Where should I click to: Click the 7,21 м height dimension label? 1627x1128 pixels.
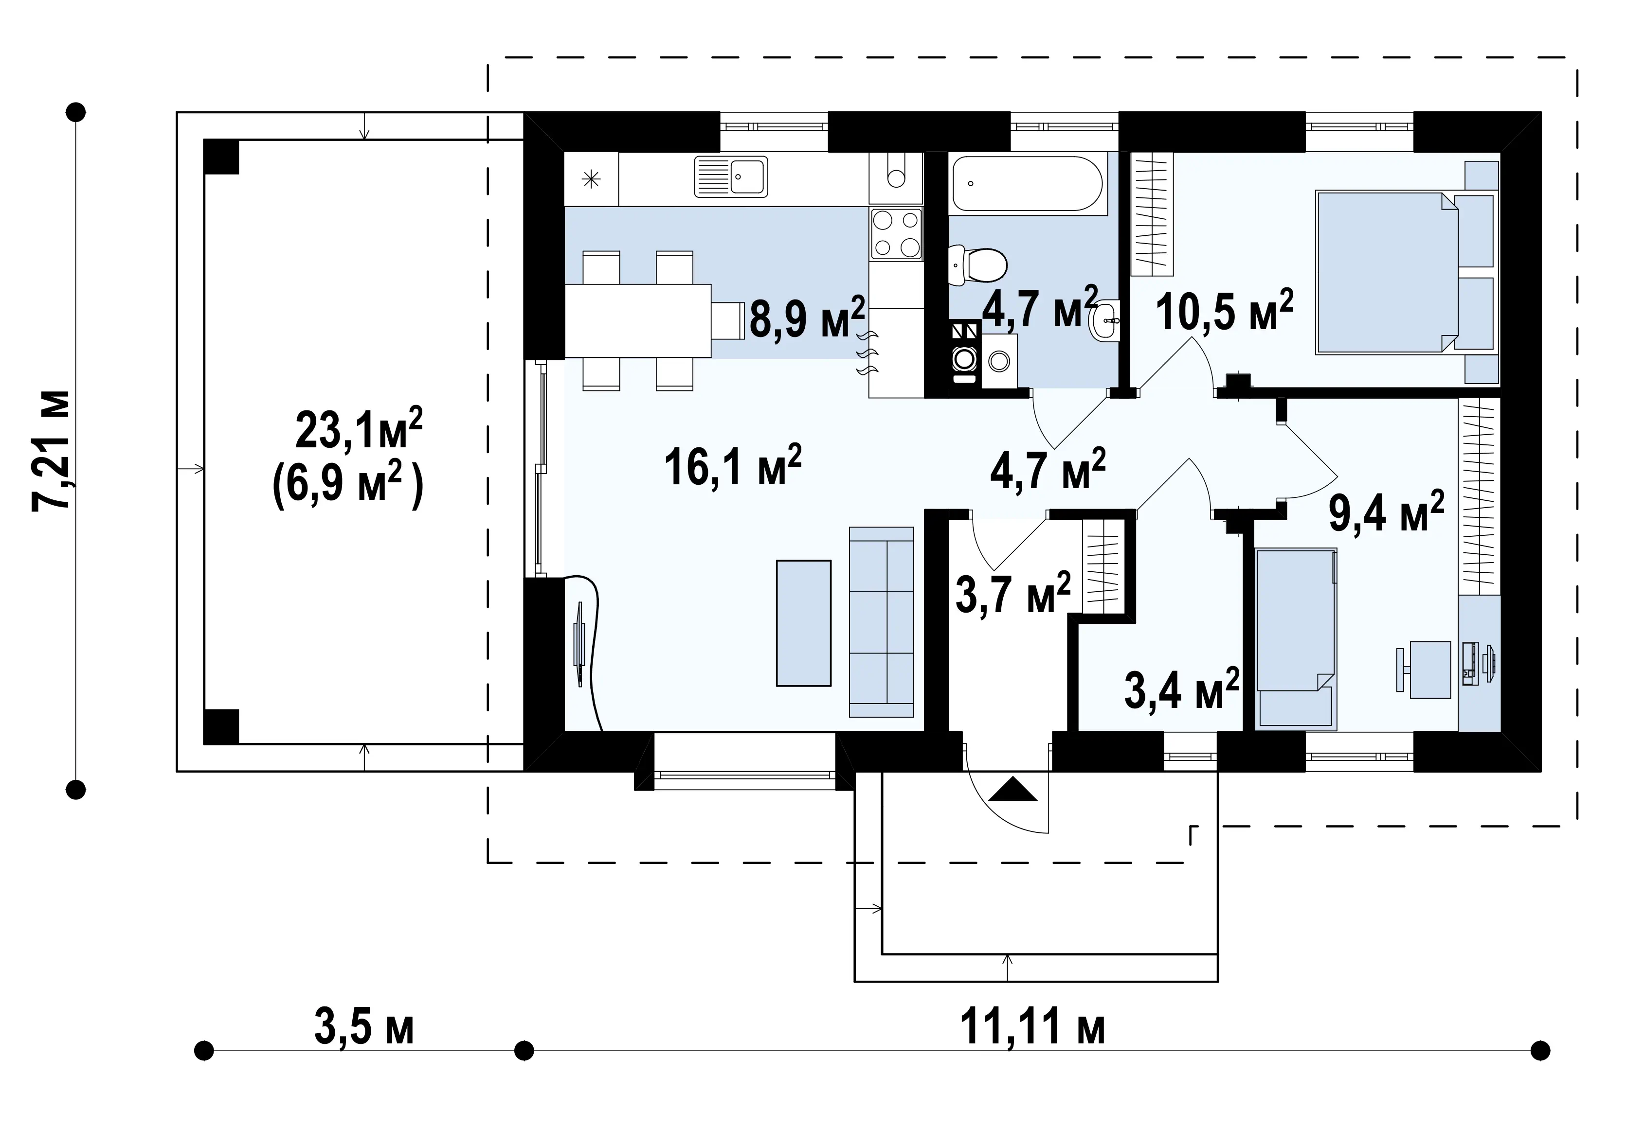coord(51,450)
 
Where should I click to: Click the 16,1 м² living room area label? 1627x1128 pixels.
coord(733,466)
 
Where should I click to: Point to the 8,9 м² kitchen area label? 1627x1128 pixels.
coord(807,317)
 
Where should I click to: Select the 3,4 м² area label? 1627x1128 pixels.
coord(1181,688)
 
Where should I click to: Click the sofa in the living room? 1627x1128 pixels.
coord(881,621)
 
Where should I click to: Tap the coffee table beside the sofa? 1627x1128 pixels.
coord(803,623)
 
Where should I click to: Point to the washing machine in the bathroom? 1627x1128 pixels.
coord(999,360)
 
